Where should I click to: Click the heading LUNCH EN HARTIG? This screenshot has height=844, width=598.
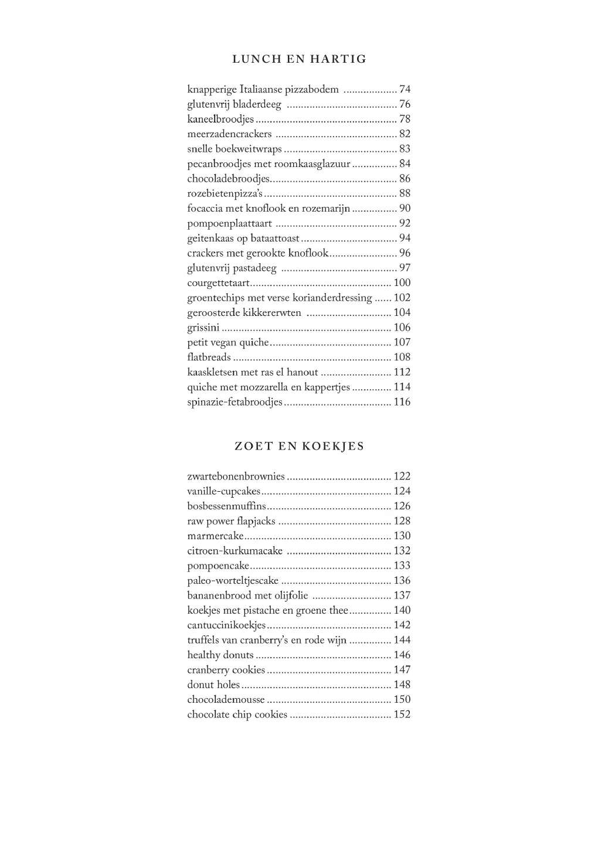pyautogui.click(x=299, y=59)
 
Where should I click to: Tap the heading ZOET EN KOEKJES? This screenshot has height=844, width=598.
pyautogui.click(x=299, y=446)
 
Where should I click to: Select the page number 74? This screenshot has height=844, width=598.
pyautogui.click(x=405, y=90)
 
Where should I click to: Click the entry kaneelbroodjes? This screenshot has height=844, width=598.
pyautogui.click(x=220, y=119)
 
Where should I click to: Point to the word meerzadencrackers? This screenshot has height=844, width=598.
pyautogui.click(x=229, y=134)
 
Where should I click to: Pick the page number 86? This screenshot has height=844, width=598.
pyautogui.click(x=405, y=179)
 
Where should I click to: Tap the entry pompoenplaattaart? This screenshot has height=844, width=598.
pyautogui.click(x=229, y=223)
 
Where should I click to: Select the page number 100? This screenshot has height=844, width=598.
pyautogui.click(x=402, y=283)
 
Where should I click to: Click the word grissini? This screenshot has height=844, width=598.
pyautogui.click(x=203, y=328)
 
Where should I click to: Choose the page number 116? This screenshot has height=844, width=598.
pyautogui.click(x=402, y=402)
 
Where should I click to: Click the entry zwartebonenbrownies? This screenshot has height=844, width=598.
pyautogui.click(x=236, y=477)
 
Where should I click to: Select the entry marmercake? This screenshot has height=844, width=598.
pyautogui.click(x=215, y=536)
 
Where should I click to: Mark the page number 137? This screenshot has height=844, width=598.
pyautogui.click(x=402, y=595)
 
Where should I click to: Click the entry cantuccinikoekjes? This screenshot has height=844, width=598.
pyautogui.click(x=226, y=625)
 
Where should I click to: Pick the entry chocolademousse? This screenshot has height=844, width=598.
pyautogui.click(x=226, y=700)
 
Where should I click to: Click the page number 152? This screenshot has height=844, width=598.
pyautogui.click(x=402, y=714)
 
